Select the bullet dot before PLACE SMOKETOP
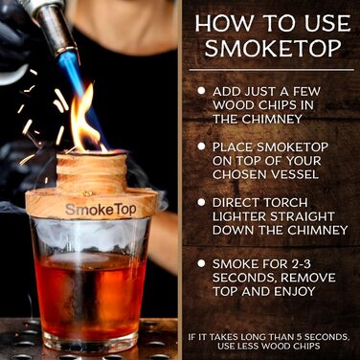(201, 147)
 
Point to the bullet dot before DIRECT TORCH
(201, 205)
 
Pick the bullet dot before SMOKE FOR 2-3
(201, 261)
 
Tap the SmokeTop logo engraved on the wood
(100, 208)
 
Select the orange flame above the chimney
(83, 120)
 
